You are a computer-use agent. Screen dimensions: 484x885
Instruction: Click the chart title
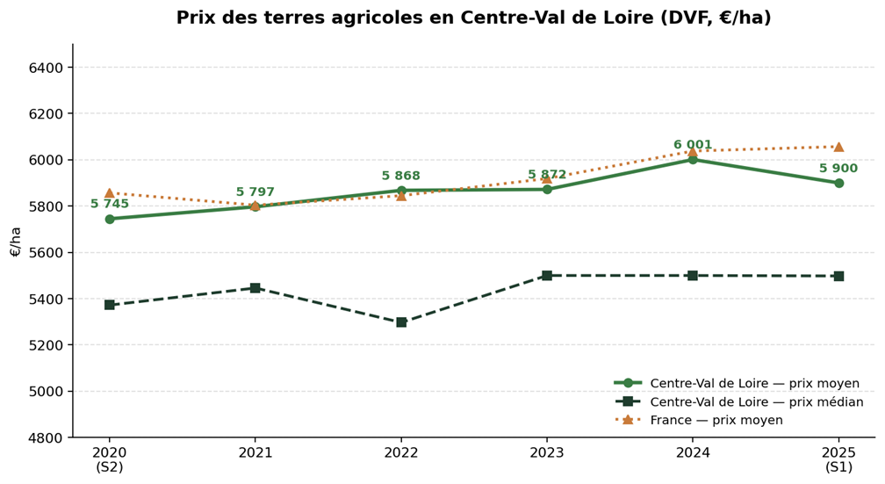click(x=473, y=18)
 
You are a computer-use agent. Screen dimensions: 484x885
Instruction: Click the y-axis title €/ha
click(x=15, y=241)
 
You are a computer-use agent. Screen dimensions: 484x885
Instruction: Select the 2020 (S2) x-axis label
click(x=110, y=459)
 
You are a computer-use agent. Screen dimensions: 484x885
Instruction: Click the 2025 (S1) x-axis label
click(x=838, y=459)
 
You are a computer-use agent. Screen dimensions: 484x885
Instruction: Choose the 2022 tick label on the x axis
click(x=401, y=453)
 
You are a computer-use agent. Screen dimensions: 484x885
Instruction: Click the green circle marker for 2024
click(x=693, y=160)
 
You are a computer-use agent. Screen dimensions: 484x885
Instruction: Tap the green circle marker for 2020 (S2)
click(x=110, y=219)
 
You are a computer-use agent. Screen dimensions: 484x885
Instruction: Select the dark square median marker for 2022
click(x=401, y=322)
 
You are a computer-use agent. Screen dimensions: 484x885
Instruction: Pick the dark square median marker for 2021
click(x=255, y=288)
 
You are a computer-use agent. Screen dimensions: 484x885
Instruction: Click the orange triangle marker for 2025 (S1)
click(x=838, y=147)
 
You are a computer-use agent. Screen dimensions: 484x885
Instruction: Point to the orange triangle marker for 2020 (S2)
click(x=110, y=193)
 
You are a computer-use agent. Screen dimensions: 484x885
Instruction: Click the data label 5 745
click(x=110, y=204)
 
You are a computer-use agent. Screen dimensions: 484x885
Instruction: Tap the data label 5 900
click(x=838, y=169)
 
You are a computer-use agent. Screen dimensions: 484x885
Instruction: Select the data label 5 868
click(x=401, y=176)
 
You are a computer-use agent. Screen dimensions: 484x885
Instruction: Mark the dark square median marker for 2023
click(x=547, y=276)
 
